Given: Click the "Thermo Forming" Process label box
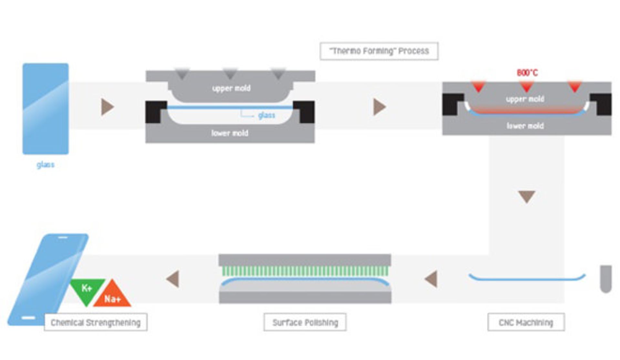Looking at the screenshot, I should click(x=379, y=51).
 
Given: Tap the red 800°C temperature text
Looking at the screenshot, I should click(x=527, y=73).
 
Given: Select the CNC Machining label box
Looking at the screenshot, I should click(x=526, y=322).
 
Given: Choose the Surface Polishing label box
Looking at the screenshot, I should click(x=305, y=322).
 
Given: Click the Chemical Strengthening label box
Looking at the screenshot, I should click(x=96, y=322).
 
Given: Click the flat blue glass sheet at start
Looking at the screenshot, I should click(x=46, y=109).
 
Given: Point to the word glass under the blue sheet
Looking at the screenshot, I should click(x=46, y=165).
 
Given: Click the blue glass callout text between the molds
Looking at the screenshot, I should click(x=266, y=115).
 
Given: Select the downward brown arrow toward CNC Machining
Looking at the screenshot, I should click(x=527, y=196).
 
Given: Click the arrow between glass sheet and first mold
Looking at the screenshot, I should click(x=107, y=107).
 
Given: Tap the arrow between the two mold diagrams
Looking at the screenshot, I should click(x=379, y=107).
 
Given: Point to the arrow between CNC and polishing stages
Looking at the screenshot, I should click(x=431, y=279).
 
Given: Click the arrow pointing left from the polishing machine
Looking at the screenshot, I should click(x=173, y=279).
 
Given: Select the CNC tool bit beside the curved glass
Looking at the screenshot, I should click(x=606, y=279).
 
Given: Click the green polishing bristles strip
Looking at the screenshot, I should click(x=305, y=271).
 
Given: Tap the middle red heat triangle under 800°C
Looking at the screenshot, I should click(x=527, y=86).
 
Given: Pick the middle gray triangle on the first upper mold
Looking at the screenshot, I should click(x=230, y=74).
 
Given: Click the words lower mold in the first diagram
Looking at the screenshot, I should click(x=230, y=133).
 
